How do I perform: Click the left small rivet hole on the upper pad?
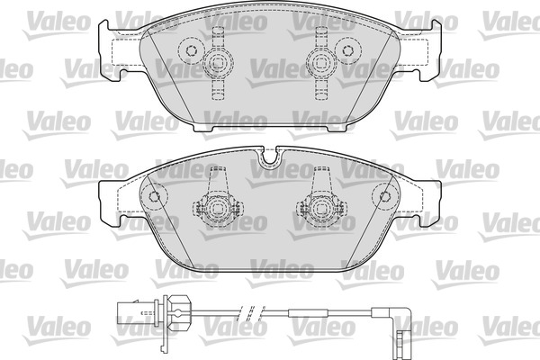(191, 50)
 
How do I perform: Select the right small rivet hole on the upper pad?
(347, 50)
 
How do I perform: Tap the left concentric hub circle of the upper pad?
(218, 63)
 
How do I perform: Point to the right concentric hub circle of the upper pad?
(321, 63)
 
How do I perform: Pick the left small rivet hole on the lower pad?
(154, 196)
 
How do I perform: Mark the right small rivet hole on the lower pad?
(384, 196)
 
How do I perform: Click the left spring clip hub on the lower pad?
(217, 209)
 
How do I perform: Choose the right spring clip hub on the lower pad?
(321, 209)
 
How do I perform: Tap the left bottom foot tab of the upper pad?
(202, 128)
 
